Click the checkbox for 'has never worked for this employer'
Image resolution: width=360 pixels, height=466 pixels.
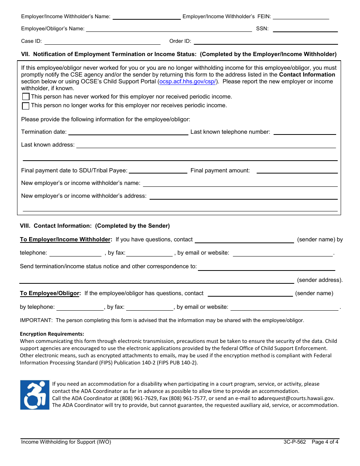(26, 97)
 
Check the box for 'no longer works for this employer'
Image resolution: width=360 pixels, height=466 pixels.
(26, 106)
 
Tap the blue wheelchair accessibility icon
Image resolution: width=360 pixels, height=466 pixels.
(35, 395)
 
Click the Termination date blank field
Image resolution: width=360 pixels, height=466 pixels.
(128, 132)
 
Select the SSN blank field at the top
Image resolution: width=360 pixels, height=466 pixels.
(305, 29)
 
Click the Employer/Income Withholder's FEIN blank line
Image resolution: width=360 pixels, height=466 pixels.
(301, 17)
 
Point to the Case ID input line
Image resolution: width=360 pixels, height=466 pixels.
(102, 41)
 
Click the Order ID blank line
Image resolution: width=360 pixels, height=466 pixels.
(266, 41)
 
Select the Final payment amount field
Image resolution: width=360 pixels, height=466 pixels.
(297, 170)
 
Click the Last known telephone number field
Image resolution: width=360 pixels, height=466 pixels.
(305, 132)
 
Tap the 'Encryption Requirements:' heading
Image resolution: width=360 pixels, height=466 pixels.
(52, 334)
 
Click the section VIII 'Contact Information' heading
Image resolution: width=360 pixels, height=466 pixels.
(95, 226)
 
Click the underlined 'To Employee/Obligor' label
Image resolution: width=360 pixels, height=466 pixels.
(50, 293)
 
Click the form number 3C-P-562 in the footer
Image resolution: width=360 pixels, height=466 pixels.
(294, 442)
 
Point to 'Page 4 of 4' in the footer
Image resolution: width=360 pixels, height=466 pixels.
(325, 442)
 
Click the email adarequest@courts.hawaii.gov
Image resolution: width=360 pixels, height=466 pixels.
(296, 398)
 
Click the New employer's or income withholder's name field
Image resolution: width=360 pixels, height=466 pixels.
(240, 183)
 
